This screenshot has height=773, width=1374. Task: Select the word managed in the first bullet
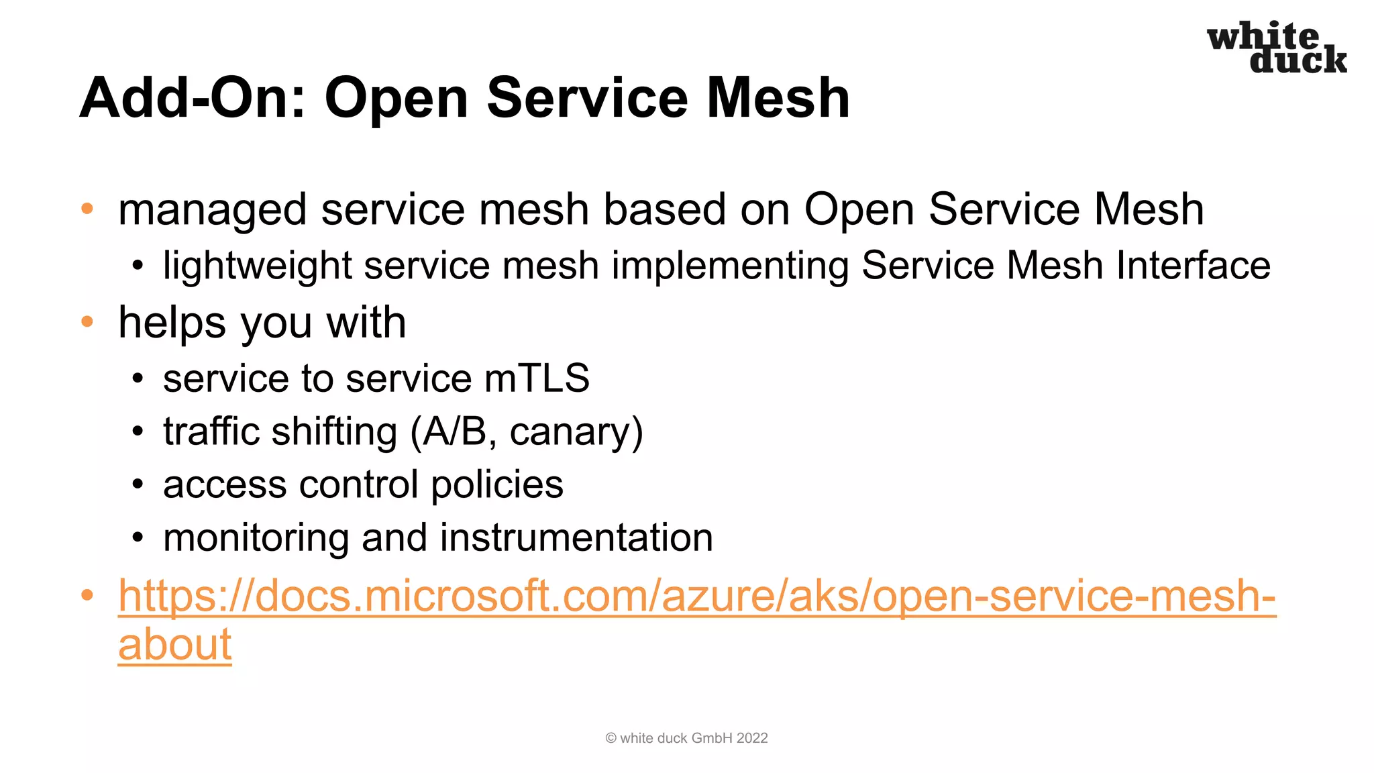tap(212, 210)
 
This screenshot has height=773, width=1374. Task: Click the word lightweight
tap(258, 266)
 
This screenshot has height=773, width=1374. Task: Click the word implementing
tap(730, 266)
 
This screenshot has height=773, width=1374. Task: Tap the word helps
tap(172, 323)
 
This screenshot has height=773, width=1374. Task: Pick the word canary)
tap(576, 431)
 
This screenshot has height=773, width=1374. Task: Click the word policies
tap(497, 484)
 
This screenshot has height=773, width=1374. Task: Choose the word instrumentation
tap(576, 537)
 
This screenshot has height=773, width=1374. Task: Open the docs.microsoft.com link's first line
tap(696, 596)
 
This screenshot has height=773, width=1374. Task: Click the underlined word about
tap(174, 644)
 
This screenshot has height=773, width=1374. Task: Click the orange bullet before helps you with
tap(87, 322)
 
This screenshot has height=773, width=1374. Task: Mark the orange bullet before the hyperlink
tap(87, 595)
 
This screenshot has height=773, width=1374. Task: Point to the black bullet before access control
tap(138, 484)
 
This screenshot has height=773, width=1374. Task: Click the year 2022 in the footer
tap(751, 738)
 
